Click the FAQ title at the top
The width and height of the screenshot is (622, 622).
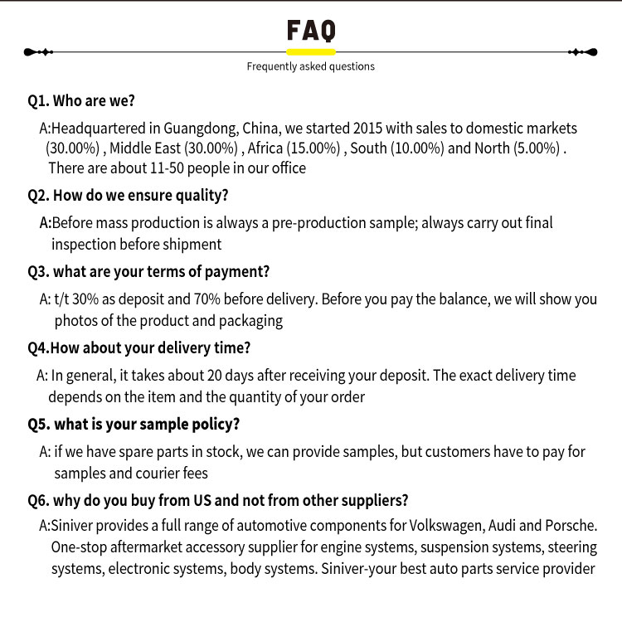point(311,31)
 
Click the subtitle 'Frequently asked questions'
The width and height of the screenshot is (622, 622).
point(311,66)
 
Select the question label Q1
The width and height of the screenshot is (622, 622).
point(38,101)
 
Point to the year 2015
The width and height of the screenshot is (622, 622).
point(368,129)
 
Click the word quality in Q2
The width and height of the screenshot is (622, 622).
point(202,196)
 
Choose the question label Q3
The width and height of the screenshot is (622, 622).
point(38,271)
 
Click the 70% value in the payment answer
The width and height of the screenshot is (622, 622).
point(180,299)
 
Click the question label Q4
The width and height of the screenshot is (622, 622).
point(38,347)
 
